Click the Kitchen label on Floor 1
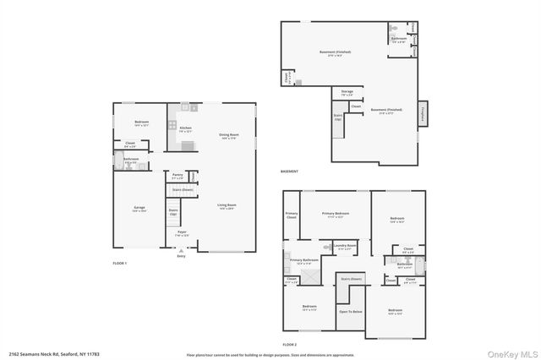pyautogui.click(x=185, y=128)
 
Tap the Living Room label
pyautogui.click(x=226, y=205)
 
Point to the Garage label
pyautogui.click(x=139, y=208)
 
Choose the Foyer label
pyautogui.click(x=182, y=233)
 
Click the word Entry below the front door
pyautogui.click(x=181, y=255)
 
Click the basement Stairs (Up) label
pyautogui.click(x=338, y=117)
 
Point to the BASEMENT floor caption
pyautogui.click(x=290, y=172)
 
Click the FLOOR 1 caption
pyautogui.click(x=120, y=264)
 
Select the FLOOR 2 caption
pyautogui.click(x=290, y=345)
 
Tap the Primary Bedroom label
pyautogui.click(x=336, y=215)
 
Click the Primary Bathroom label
pyautogui.click(x=303, y=261)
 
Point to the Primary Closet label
pyautogui.click(x=291, y=216)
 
